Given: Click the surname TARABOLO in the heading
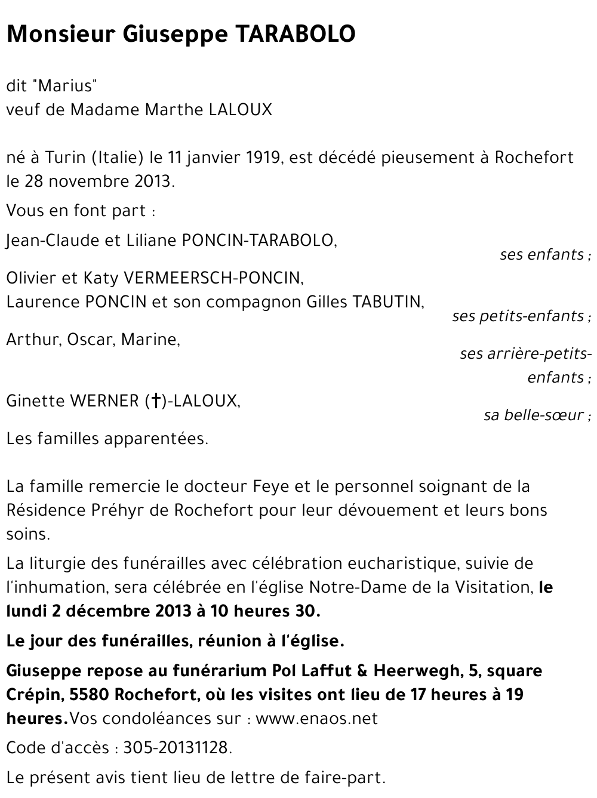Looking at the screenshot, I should click(297, 35).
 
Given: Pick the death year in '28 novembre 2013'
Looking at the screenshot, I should click(153, 181).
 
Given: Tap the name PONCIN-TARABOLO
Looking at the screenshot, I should click(259, 241).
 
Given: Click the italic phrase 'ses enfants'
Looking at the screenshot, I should click(542, 255).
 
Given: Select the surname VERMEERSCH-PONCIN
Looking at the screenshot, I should click(213, 278).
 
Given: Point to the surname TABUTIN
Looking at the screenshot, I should click(388, 302).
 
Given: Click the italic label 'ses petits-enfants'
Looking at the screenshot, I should click(518, 316).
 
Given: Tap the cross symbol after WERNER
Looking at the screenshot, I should click(155, 401).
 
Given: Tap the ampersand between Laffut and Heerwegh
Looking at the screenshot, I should click(362, 671).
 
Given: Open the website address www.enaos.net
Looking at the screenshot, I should click(316, 719).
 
